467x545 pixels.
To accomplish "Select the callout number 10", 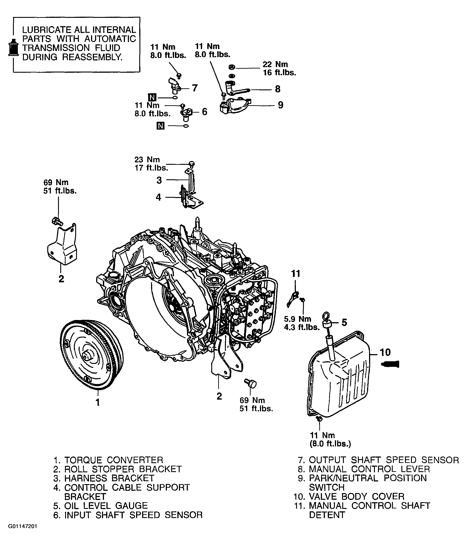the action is tap(385, 352).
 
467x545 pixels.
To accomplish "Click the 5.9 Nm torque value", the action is tap(298, 319).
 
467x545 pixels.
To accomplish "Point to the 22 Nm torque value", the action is tap(275, 64).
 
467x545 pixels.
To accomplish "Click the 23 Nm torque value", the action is tap(147, 159).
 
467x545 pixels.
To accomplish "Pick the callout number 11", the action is tap(296, 274).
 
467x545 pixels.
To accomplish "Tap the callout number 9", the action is tap(281, 105).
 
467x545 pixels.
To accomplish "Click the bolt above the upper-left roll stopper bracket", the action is tap(57, 221).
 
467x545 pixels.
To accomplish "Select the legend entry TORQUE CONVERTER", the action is tap(114, 460).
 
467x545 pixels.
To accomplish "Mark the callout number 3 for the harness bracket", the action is tap(159, 180).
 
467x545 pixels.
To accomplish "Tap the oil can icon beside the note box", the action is tap(13, 47).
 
